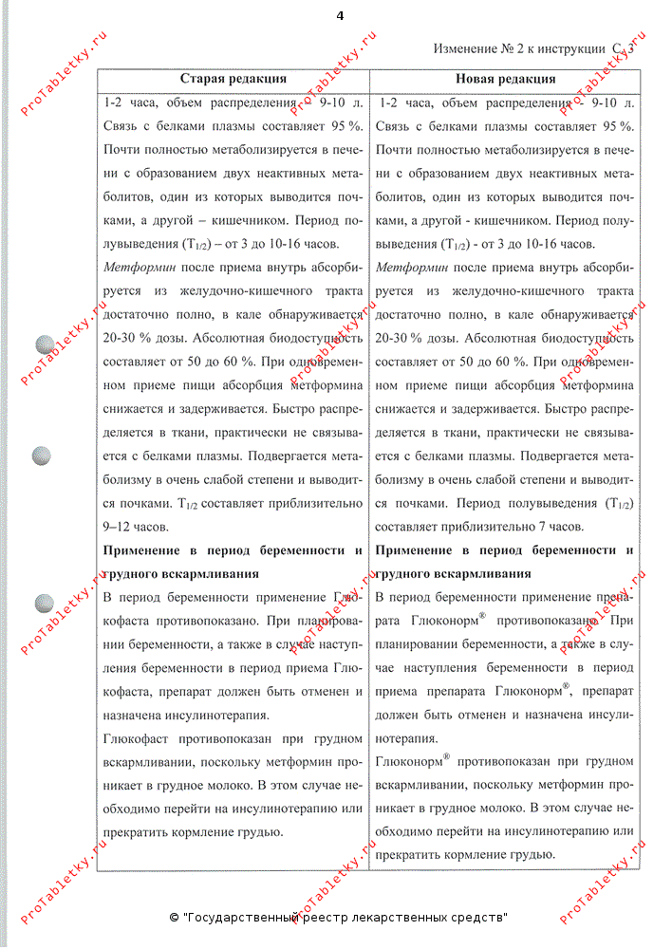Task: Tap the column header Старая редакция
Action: pyautogui.click(x=233, y=80)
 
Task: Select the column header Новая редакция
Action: pyautogui.click(x=505, y=80)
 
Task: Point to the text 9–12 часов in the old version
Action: pyautogui.click(x=136, y=526)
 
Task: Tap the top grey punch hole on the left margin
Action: pyautogui.click(x=44, y=345)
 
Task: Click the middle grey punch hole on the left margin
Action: pyautogui.click(x=44, y=456)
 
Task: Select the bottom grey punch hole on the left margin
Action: pyautogui.click(x=44, y=604)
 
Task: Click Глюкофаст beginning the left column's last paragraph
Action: pyautogui.click(x=134, y=738)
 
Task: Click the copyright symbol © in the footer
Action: pyautogui.click(x=174, y=918)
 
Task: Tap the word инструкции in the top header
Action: pyautogui.click(x=573, y=48)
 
